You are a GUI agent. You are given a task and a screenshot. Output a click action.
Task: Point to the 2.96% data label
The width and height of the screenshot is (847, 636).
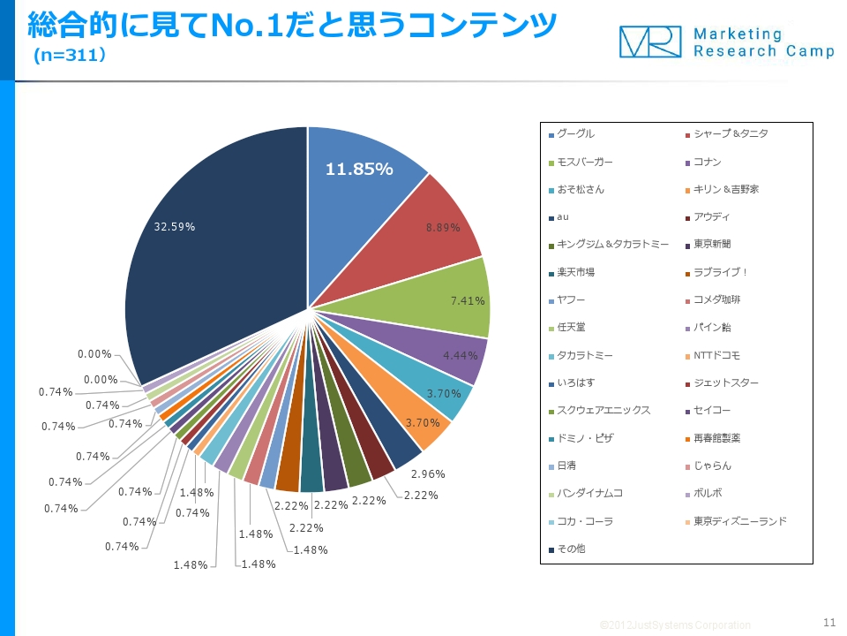(x=428, y=474)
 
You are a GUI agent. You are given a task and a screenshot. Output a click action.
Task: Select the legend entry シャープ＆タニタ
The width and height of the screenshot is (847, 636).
(x=731, y=134)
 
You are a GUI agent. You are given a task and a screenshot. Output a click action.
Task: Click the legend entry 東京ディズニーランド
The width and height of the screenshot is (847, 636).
(x=739, y=521)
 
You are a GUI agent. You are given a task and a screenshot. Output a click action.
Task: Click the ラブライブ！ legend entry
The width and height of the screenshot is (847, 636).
(x=721, y=273)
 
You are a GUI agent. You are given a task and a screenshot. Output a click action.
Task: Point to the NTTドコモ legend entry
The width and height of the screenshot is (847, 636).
(x=716, y=356)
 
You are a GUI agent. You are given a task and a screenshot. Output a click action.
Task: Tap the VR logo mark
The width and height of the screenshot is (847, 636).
(x=649, y=42)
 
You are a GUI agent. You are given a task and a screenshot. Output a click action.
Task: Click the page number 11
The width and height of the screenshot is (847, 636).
(x=828, y=620)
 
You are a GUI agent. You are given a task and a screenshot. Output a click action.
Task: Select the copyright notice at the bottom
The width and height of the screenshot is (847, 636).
(x=675, y=625)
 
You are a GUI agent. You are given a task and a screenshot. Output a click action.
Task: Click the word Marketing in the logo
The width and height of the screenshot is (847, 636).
(x=738, y=34)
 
